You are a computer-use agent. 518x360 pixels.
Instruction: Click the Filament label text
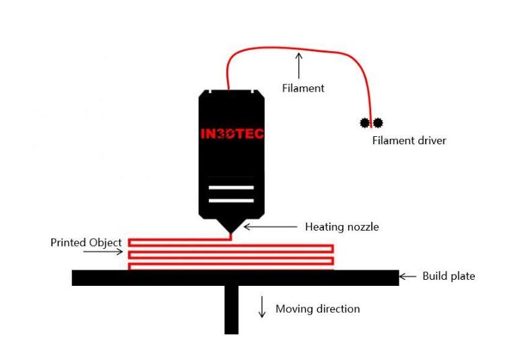pos(303,88)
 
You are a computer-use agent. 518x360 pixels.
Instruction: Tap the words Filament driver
pos(409,140)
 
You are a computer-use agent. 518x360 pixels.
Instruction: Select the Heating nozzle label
pos(342,227)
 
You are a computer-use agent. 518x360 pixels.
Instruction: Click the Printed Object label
pos(86,243)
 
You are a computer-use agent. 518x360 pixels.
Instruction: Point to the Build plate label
pos(449,276)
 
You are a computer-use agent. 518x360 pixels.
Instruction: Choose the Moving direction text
pos(318,309)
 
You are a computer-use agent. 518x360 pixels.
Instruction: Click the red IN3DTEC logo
pos(232,133)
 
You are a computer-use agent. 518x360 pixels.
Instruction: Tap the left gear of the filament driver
pos(364,123)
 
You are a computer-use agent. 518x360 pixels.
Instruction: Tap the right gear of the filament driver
pos(378,123)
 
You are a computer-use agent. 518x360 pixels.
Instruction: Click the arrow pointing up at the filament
pos(299,66)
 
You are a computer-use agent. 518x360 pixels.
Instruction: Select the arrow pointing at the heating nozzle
pos(270,227)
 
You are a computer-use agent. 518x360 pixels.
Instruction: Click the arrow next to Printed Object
pos(103,252)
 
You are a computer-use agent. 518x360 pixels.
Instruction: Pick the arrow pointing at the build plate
pos(408,276)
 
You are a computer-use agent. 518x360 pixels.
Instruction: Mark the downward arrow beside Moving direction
pos(262,307)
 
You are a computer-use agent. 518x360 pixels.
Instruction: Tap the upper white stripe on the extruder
pos(231,187)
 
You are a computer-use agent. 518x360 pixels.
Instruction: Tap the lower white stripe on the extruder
pos(231,200)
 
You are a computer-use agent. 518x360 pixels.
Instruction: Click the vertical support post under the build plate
pos(232,309)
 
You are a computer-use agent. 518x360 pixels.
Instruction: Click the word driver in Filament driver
pos(432,140)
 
